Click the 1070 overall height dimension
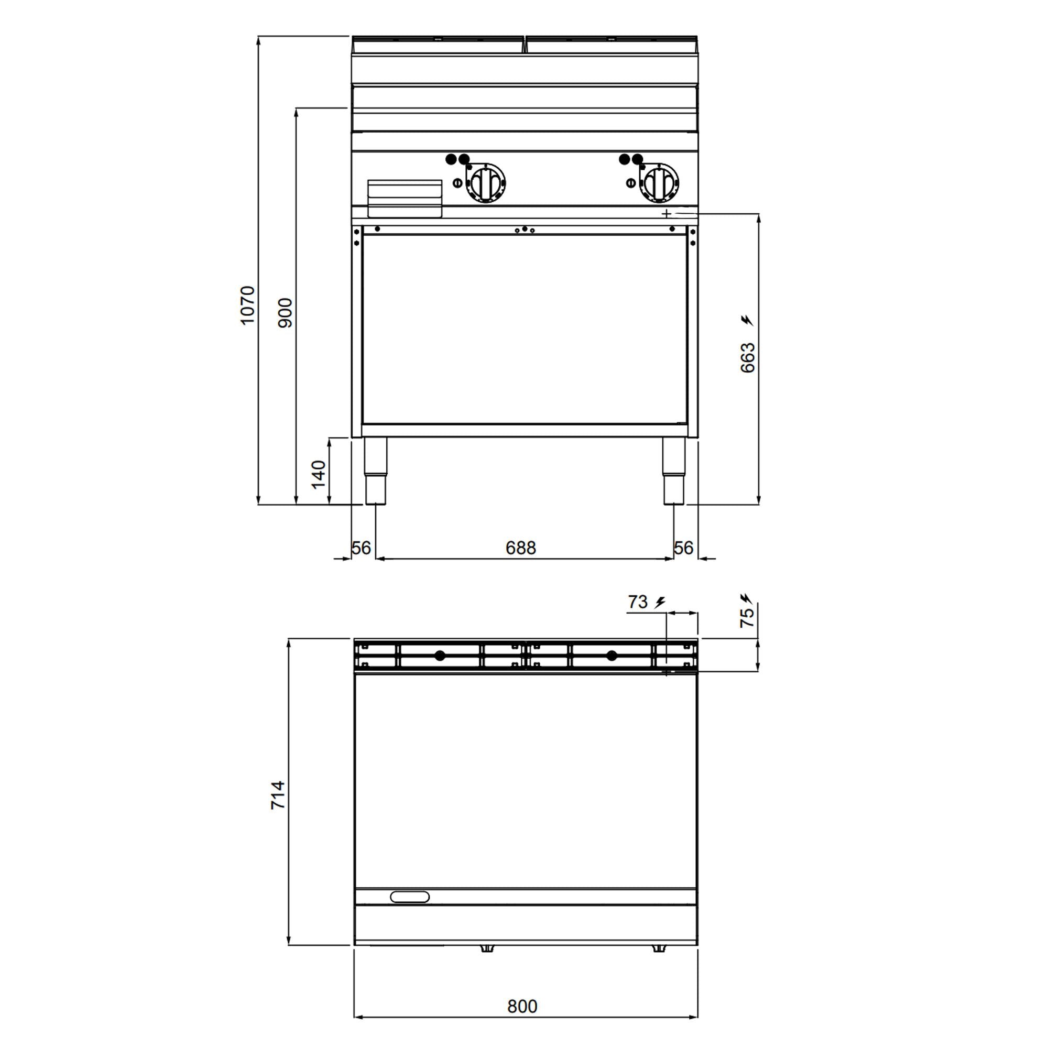coord(247,305)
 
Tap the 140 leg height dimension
coord(319,474)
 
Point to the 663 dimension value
coord(748,357)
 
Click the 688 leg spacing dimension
coord(521,548)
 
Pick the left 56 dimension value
coord(361,548)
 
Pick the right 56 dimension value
coord(683,548)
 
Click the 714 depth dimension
coord(278,795)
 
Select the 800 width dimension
coord(522,1006)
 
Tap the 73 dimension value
coord(638,602)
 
